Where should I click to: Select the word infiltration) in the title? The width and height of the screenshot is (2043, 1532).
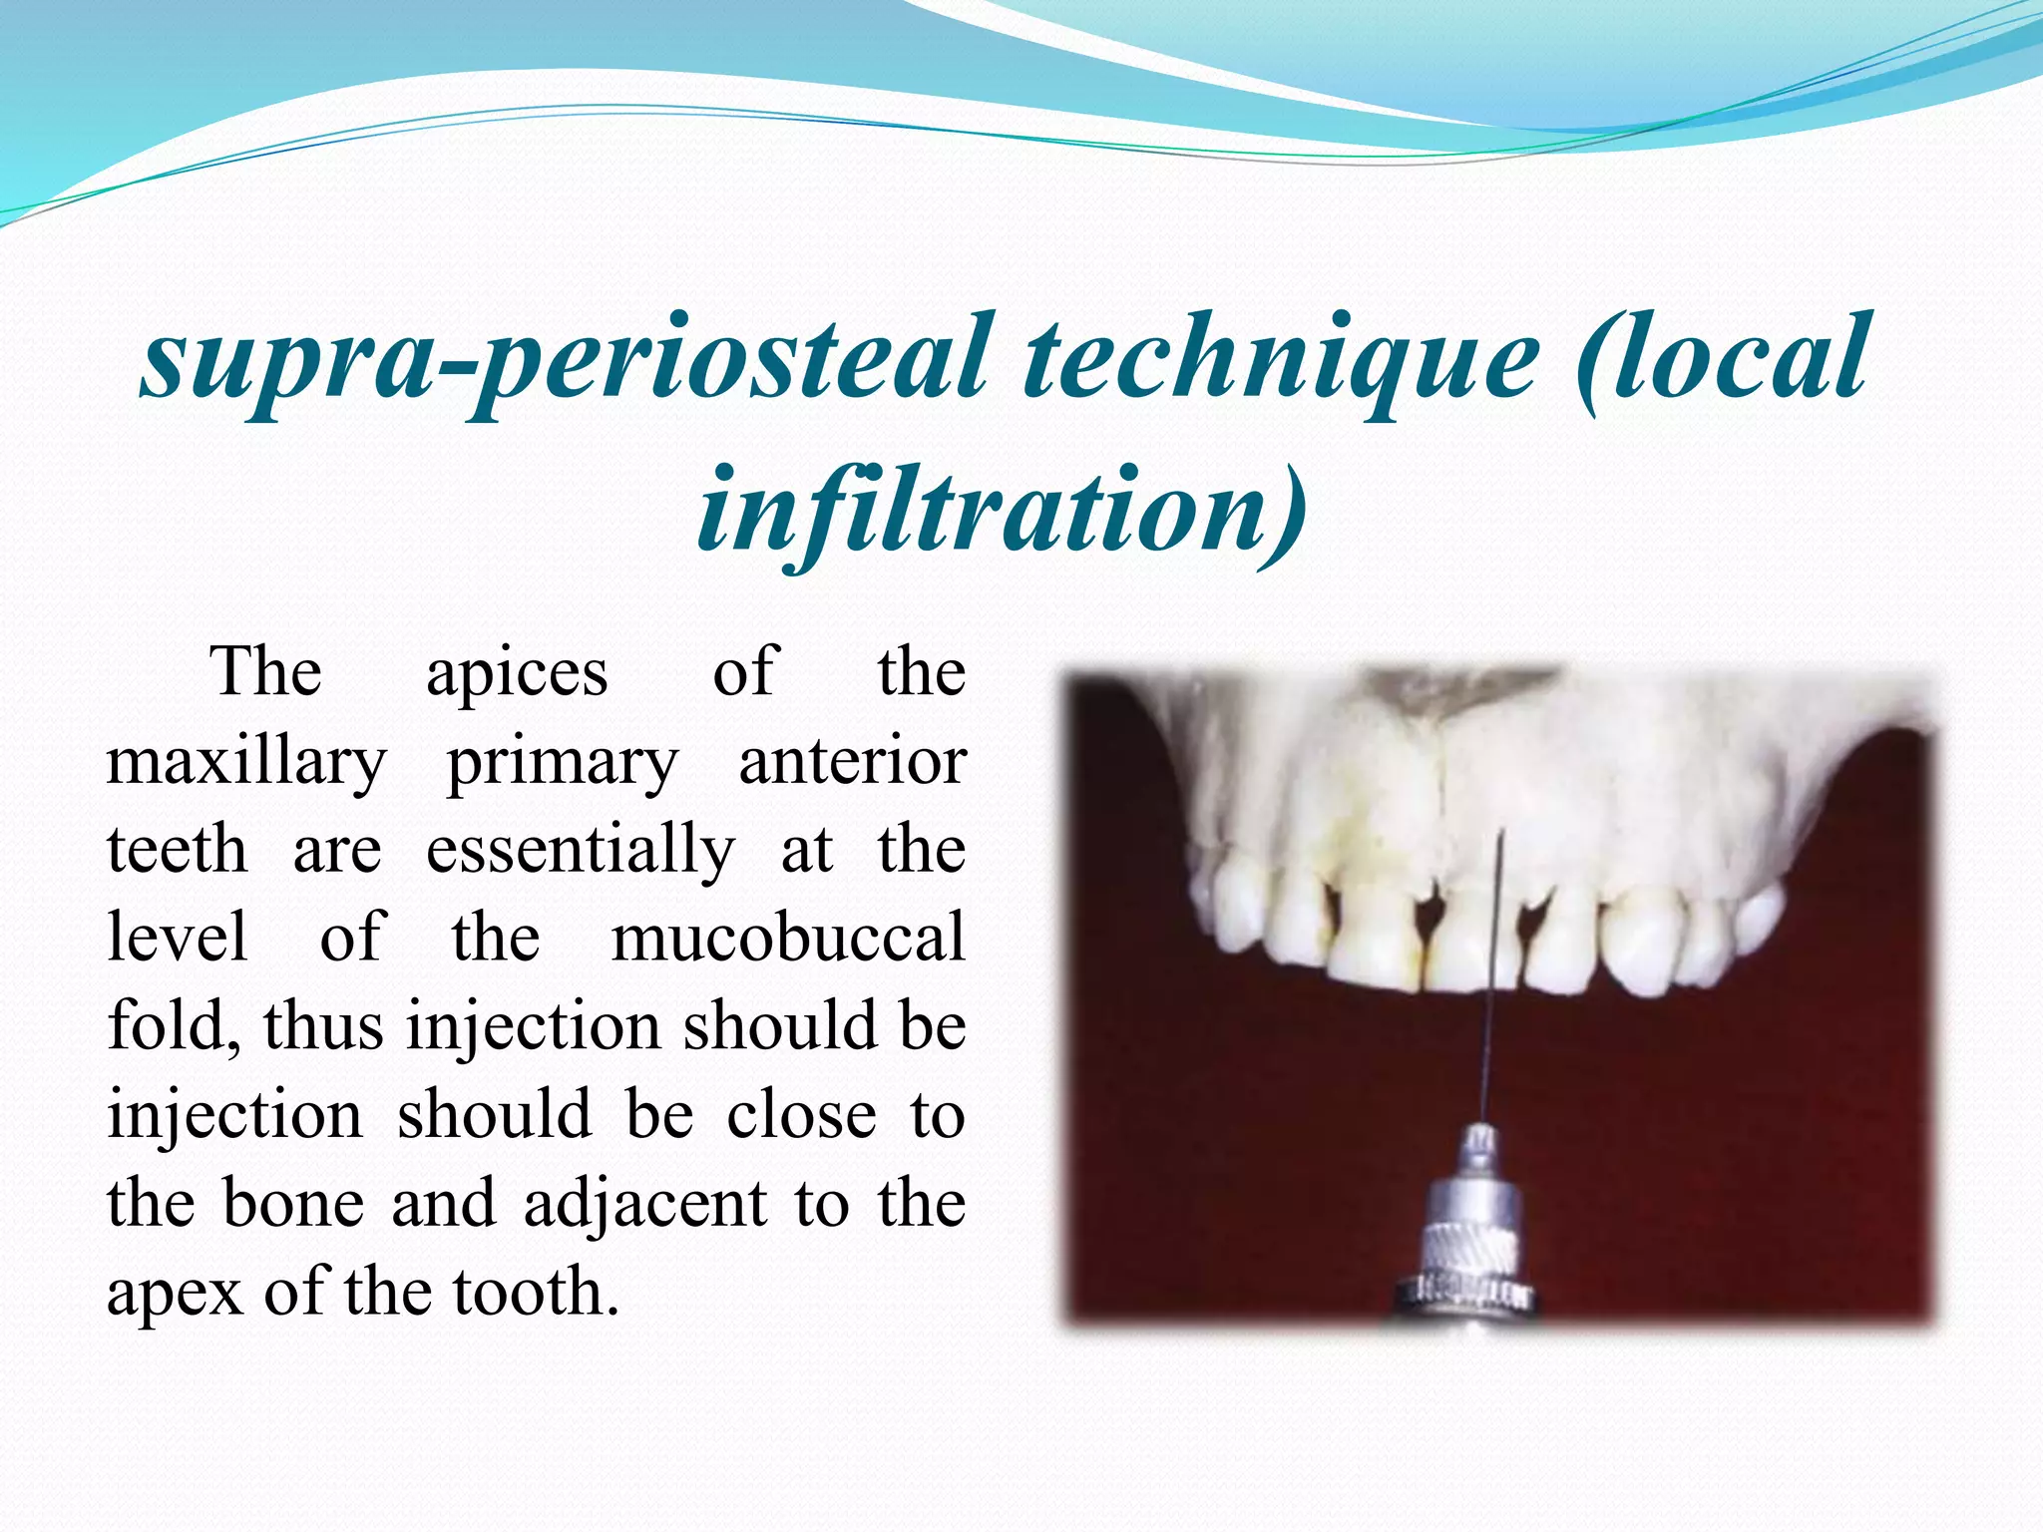pos(1001,511)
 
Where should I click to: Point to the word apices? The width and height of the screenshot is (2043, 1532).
pos(517,672)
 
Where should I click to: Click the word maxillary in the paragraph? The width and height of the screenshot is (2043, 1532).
pos(245,762)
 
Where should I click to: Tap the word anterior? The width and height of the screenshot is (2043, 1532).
pos(852,762)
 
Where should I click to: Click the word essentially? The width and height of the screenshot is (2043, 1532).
pos(581,851)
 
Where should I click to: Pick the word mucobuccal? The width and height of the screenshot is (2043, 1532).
pos(788,939)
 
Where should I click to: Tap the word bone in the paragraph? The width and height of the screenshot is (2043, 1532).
pos(292,1204)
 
